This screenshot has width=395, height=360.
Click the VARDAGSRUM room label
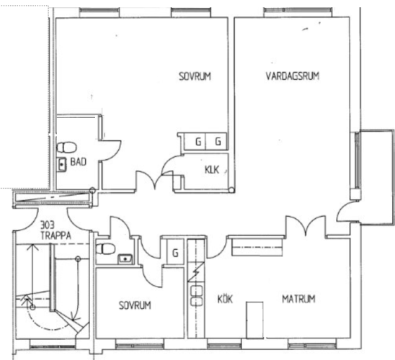pos(293,76)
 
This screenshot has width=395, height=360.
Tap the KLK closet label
pos(212,170)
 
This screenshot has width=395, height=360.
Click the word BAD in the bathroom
pos(79,161)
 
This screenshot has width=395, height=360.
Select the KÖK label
pos(225,299)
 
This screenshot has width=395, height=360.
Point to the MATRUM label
pos(298,299)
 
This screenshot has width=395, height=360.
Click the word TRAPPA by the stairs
pos(56,235)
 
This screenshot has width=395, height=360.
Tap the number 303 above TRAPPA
pos(48,225)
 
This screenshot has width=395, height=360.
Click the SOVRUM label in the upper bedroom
pos(195,76)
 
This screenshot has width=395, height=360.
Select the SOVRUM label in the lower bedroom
pos(135,305)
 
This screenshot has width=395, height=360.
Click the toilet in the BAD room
pos(66,148)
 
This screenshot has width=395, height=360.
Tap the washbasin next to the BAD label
pos(61,165)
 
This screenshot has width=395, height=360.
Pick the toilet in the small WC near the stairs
pos(106,249)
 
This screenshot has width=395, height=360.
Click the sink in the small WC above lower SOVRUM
pos(125,259)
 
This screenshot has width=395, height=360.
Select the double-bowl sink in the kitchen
pos(196,296)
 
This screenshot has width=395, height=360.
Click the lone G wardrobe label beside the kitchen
pos(175,253)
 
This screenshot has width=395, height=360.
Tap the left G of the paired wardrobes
pos(198,142)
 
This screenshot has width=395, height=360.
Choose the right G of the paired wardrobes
pos(218,142)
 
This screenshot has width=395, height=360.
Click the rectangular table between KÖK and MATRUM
pos(254,320)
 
